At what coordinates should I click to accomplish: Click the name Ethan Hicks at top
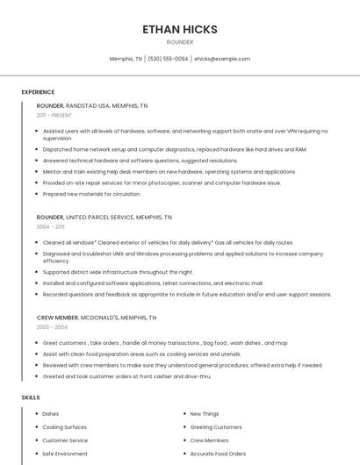coord(180,29)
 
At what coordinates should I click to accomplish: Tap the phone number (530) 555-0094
coord(168,59)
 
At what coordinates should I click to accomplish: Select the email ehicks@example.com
coord(222,59)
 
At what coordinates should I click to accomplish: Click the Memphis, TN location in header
coord(126,59)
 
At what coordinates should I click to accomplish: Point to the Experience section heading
coord(38,92)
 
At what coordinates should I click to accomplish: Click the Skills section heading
coord(31,397)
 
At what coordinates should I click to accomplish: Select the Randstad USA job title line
coord(92,105)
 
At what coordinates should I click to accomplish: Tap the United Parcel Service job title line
coord(104,217)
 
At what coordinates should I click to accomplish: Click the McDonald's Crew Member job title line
coord(97,318)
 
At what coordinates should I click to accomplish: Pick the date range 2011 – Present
coord(54,115)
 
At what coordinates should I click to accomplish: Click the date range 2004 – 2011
coord(50,226)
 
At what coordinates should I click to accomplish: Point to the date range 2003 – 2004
coord(52,327)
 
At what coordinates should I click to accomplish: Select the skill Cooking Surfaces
coord(64,427)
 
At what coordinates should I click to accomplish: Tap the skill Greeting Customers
coord(215,427)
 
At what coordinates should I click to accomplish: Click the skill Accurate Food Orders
coord(218,454)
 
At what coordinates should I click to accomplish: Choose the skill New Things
coord(205,414)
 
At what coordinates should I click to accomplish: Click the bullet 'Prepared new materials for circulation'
coord(91,194)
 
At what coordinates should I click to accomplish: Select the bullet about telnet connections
coord(153,283)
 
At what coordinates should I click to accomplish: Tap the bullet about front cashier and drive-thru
coord(126,376)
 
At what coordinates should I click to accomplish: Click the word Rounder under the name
coord(180,42)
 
